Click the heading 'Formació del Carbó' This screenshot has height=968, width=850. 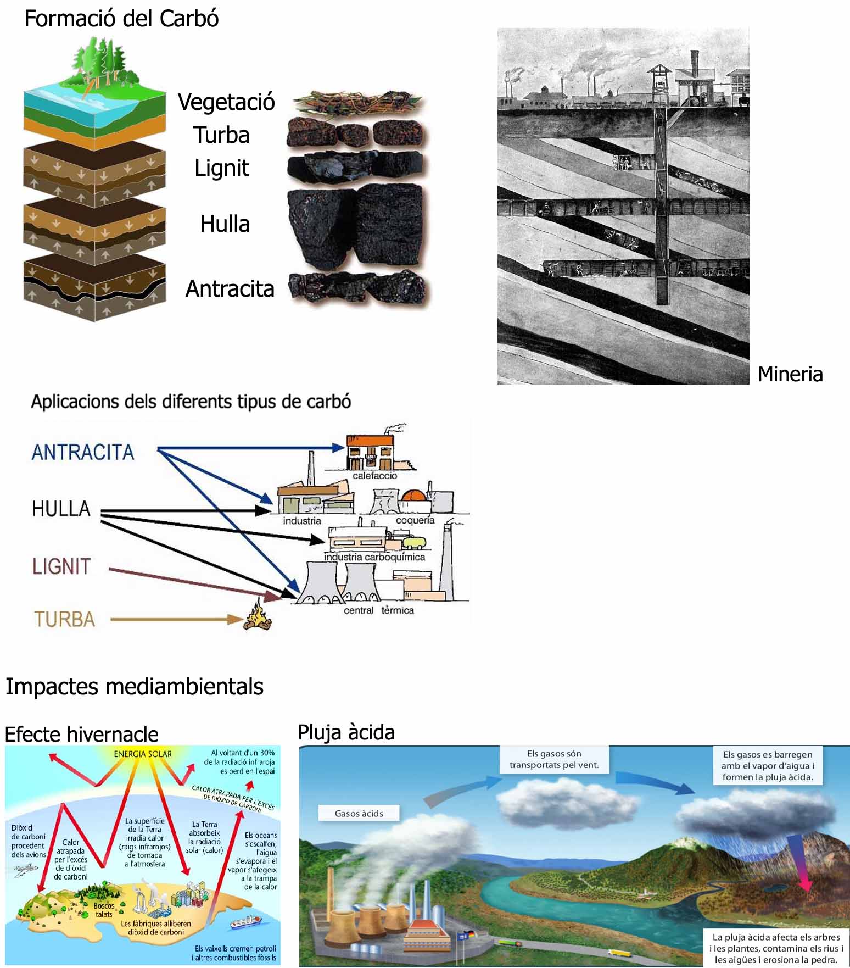coord(121,19)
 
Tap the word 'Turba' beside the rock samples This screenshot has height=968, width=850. coord(221,135)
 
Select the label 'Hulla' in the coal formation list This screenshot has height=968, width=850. coord(225,224)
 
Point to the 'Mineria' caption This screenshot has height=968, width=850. coord(790,374)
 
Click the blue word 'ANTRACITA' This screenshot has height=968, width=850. coord(83,452)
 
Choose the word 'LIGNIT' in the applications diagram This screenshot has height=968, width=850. coord(61,566)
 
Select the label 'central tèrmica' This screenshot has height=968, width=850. coord(378,610)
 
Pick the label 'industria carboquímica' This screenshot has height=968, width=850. coord(374,557)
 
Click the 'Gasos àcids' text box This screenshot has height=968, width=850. coord(359,814)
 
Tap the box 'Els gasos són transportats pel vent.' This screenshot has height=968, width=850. coord(554,759)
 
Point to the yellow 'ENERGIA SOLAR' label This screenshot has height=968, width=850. coord(143,754)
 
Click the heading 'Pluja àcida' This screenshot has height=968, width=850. coord(346,732)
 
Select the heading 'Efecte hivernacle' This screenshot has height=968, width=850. coord(81,734)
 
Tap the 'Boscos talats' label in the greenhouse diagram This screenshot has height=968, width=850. coord(104,910)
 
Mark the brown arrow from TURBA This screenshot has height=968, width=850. coord(176,620)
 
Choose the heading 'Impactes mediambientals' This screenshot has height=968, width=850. coord(135,687)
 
